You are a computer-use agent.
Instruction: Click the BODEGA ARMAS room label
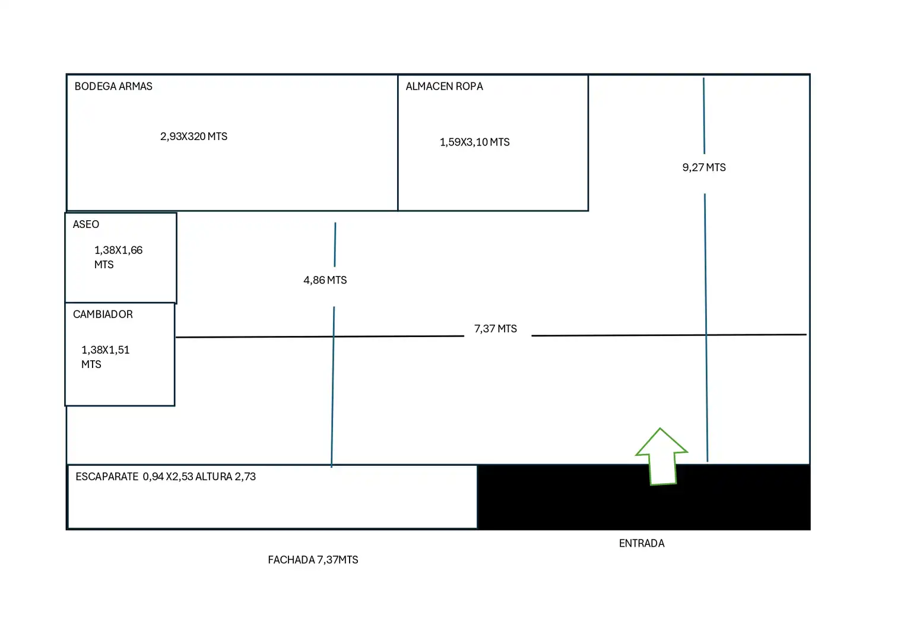[x=113, y=86]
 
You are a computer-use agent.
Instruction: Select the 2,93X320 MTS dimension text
[x=194, y=137]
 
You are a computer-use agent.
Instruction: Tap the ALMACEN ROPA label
[x=444, y=86]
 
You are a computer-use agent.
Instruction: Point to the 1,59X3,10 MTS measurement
[x=474, y=142]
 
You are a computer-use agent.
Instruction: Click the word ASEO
[x=86, y=224]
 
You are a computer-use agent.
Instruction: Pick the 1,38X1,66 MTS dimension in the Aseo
[x=118, y=257]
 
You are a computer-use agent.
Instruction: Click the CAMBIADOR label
[x=103, y=314]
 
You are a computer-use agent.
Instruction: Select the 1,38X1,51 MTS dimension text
[x=105, y=357]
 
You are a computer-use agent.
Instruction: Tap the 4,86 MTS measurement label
[x=325, y=280]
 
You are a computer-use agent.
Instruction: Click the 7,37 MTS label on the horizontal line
[x=496, y=329]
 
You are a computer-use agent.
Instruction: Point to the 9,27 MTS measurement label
[x=704, y=167]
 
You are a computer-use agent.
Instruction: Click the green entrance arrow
[x=662, y=456]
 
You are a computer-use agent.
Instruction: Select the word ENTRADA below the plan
[x=642, y=544]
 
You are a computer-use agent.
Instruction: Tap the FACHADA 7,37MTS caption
[x=313, y=560]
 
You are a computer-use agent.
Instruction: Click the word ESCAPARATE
[x=107, y=477]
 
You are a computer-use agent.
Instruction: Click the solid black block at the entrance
[x=644, y=497]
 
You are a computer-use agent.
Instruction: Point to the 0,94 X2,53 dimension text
[x=168, y=477]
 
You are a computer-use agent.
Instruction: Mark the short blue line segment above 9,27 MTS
[x=704, y=116]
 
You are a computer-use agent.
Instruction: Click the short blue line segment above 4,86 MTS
[x=335, y=245]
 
